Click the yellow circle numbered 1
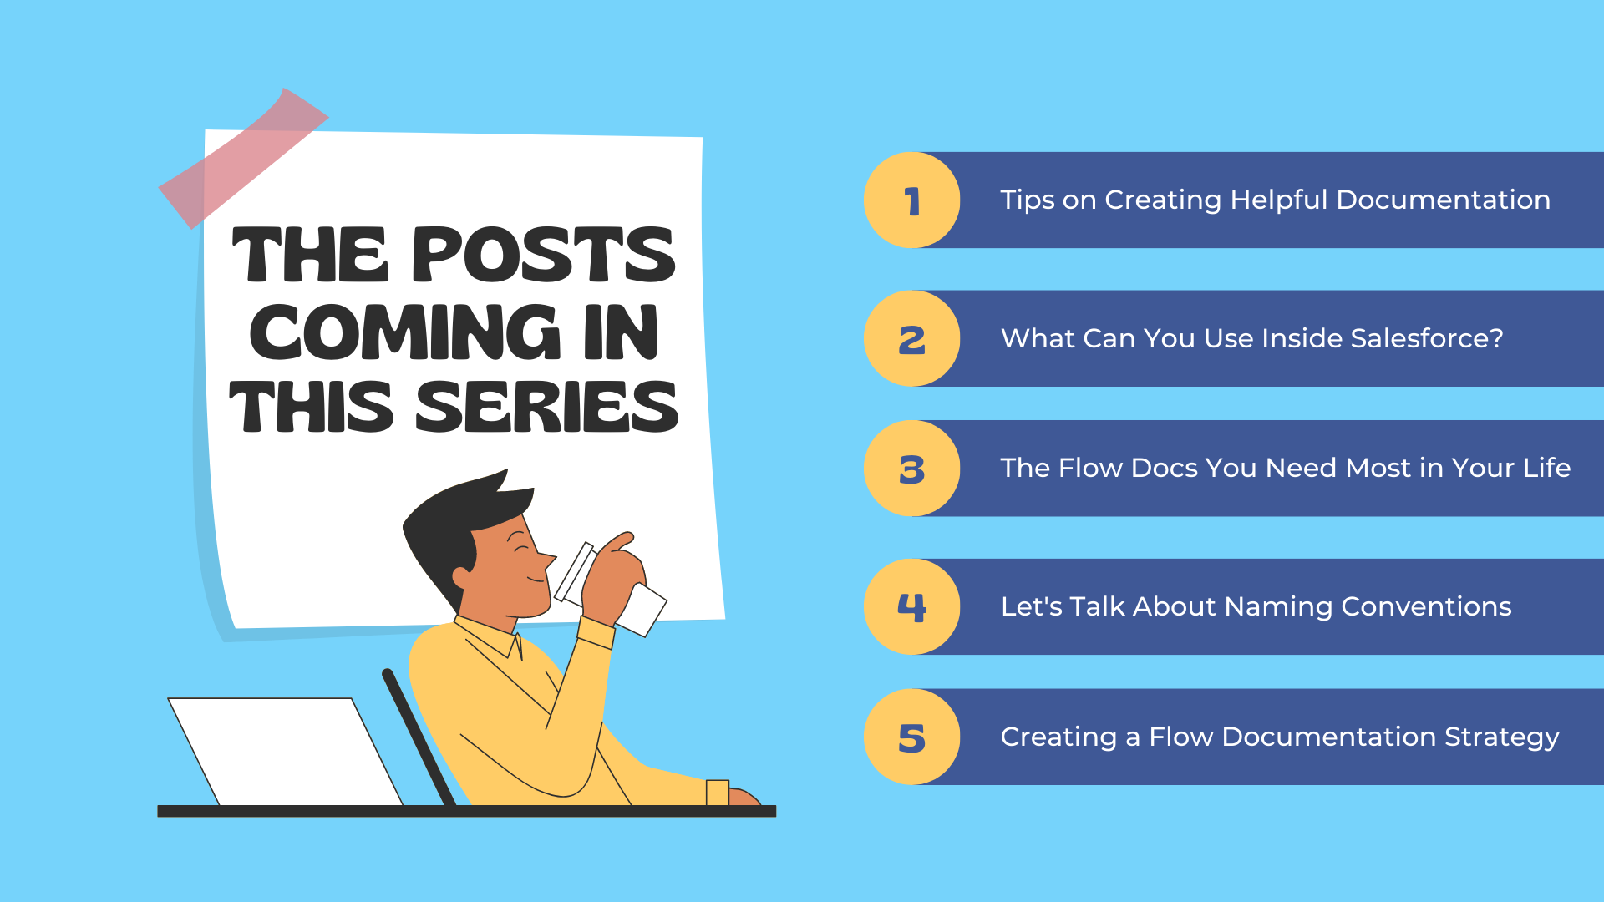pyautogui.click(x=911, y=200)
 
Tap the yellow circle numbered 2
pyautogui.click(x=911, y=338)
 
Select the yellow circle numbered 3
pyautogui.click(x=911, y=469)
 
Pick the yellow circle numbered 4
pyautogui.click(x=911, y=606)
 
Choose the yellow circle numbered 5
pyautogui.click(x=911, y=737)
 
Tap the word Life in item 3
pyautogui.click(x=1547, y=468)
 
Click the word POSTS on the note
pyautogui.click(x=543, y=255)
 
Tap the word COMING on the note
pyautogui.click(x=405, y=332)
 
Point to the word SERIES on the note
pyautogui.click(x=547, y=407)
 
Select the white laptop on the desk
pyautogui.click(x=285, y=752)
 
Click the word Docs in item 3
pyautogui.click(x=1163, y=468)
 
